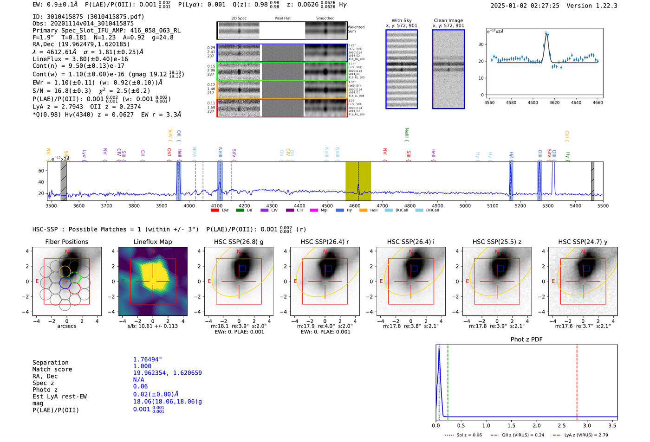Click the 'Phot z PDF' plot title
coord(526,340)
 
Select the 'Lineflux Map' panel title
coord(152,242)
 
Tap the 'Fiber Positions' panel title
coord(66,242)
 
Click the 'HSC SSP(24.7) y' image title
coord(583,242)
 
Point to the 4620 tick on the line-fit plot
coord(554,102)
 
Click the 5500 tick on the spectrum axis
coord(603,206)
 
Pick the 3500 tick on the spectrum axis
coord(51,206)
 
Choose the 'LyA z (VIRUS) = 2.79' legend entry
coord(586,435)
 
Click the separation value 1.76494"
coord(147,359)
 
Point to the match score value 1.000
coord(142,366)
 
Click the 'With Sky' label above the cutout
coord(402,20)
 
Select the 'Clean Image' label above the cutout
coord(448,20)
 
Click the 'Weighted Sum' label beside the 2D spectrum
coord(356,29)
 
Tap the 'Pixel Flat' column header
coord(282,19)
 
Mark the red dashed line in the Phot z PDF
coord(577,380)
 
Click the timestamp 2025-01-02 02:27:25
coord(525,6)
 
